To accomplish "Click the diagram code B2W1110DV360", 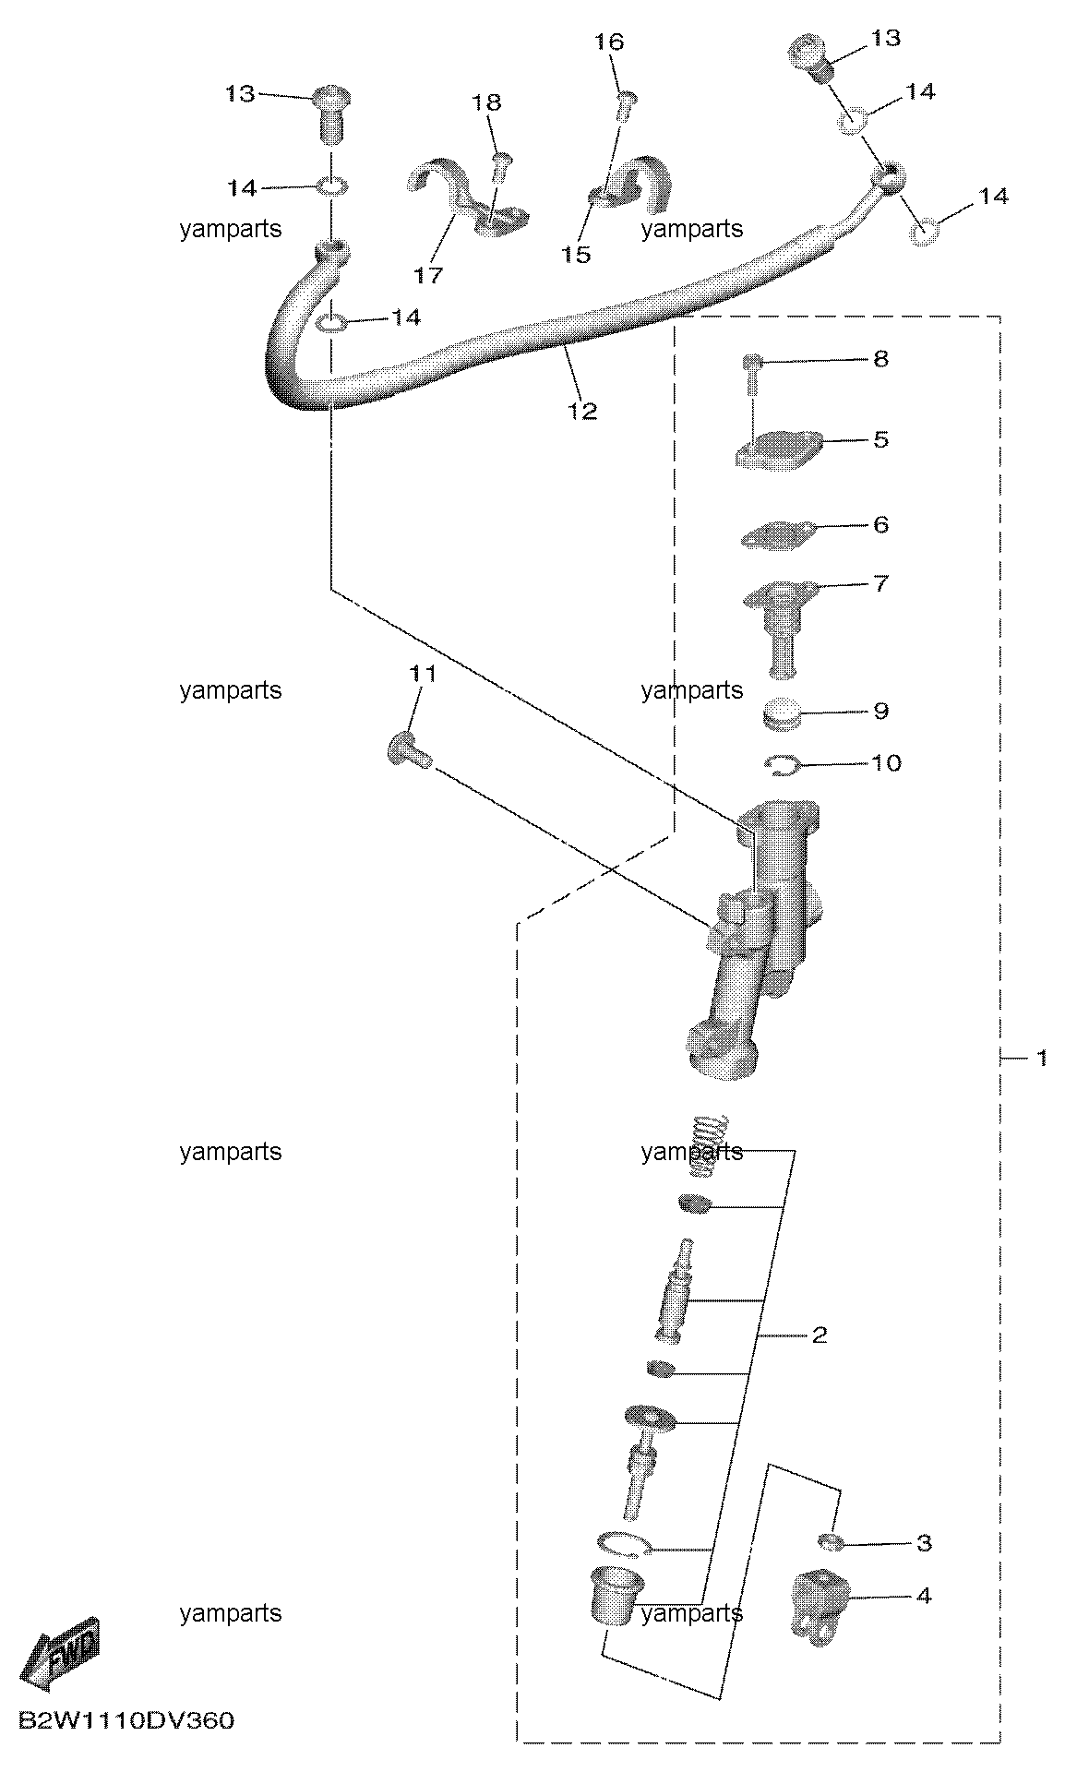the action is point(126,1721).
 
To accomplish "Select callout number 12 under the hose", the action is point(582,411).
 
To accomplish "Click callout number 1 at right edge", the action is point(1041,1058).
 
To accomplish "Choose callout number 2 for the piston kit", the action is point(820,1335).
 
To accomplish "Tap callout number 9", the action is point(880,711).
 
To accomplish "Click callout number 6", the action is point(880,524).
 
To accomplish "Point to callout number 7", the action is point(880,583).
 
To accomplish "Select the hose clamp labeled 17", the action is point(466,197).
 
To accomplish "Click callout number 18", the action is point(486,102).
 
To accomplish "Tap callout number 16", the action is point(609,42).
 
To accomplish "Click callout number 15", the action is point(576,254).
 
